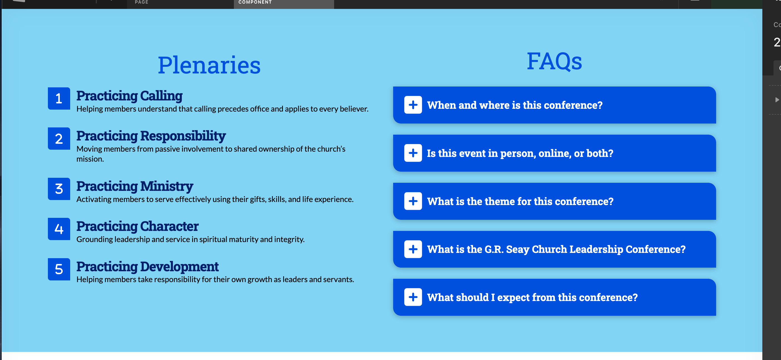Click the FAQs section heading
pos(554,61)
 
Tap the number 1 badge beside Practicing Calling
pos(59,98)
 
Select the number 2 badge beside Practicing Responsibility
pos(59,139)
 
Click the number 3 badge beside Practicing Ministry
pos(59,189)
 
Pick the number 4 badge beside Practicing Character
pos(59,229)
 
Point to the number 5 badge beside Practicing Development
pos(59,269)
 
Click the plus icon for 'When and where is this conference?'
pos(413,105)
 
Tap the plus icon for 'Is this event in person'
pos(413,153)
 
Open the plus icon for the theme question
pos(413,201)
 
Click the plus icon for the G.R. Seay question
pos(413,249)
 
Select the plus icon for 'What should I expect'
pos(413,297)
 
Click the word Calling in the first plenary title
pos(161,96)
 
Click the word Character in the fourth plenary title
pos(169,226)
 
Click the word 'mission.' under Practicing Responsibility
pos(90,159)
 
